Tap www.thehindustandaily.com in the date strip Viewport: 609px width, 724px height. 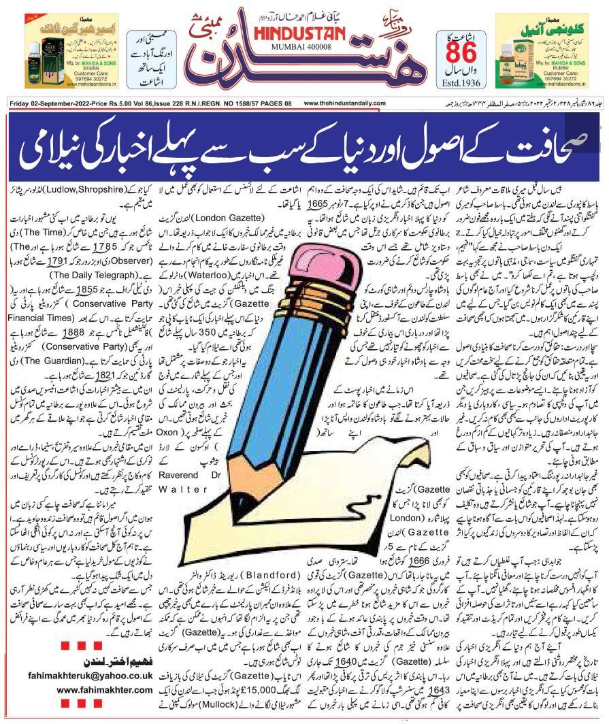pyautogui.click(x=358, y=103)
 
